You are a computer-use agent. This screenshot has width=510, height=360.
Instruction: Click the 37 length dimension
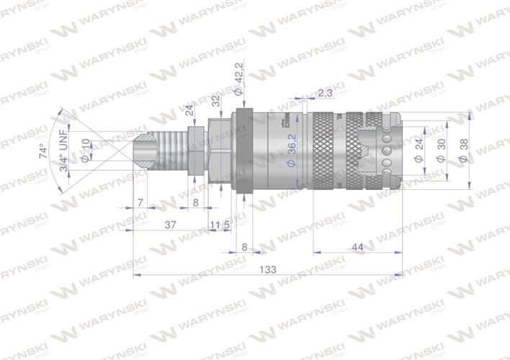(x=171, y=225)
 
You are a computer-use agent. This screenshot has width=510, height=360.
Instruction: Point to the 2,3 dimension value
(x=325, y=93)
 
